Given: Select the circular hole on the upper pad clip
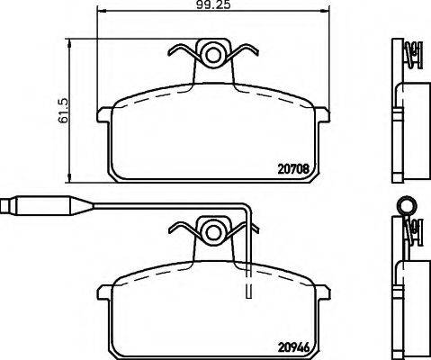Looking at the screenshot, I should point(213,55).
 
